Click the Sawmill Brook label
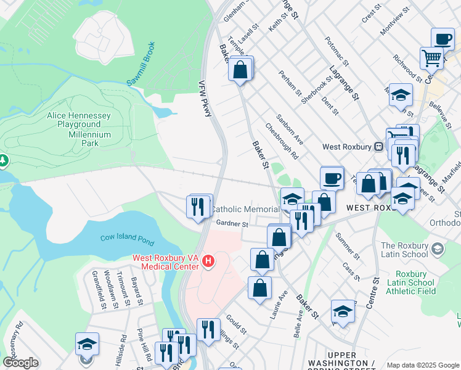pos(141,64)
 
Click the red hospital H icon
pos(208,261)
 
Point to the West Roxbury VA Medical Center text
pos(165,262)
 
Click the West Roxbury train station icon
pos(380,147)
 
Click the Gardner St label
pos(232,224)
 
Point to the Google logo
pos(20,363)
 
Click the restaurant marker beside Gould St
pos(208,330)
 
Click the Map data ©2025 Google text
pos(423,365)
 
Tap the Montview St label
pos(395,21)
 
